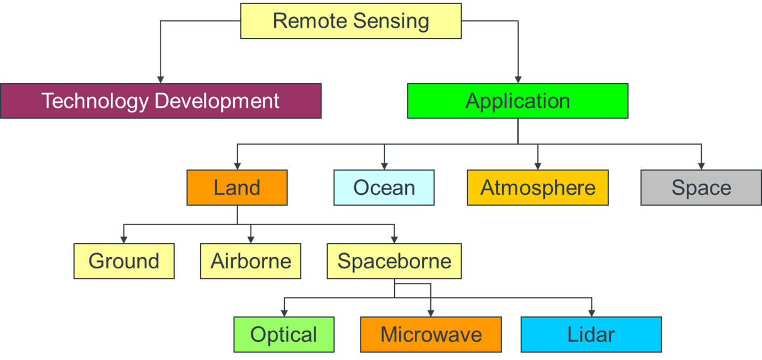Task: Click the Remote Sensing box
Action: point(351,21)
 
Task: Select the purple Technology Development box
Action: point(160,101)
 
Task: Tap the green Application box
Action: point(518,101)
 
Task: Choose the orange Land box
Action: point(237,187)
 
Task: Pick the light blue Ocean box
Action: point(384,187)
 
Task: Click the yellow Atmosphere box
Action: point(538,187)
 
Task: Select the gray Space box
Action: point(701,187)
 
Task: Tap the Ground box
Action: point(124,261)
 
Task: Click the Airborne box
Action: point(251,261)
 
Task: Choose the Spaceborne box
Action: point(394,261)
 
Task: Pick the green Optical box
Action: point(284,334)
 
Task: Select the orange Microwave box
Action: point(431,334)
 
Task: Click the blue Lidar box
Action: point(591,334)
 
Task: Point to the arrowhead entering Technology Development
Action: point(160,79)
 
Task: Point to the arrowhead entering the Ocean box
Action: point(384,166)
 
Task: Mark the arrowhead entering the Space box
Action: point(701,166)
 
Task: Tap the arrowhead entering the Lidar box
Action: point(591,313)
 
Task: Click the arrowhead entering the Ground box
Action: point(124,239)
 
